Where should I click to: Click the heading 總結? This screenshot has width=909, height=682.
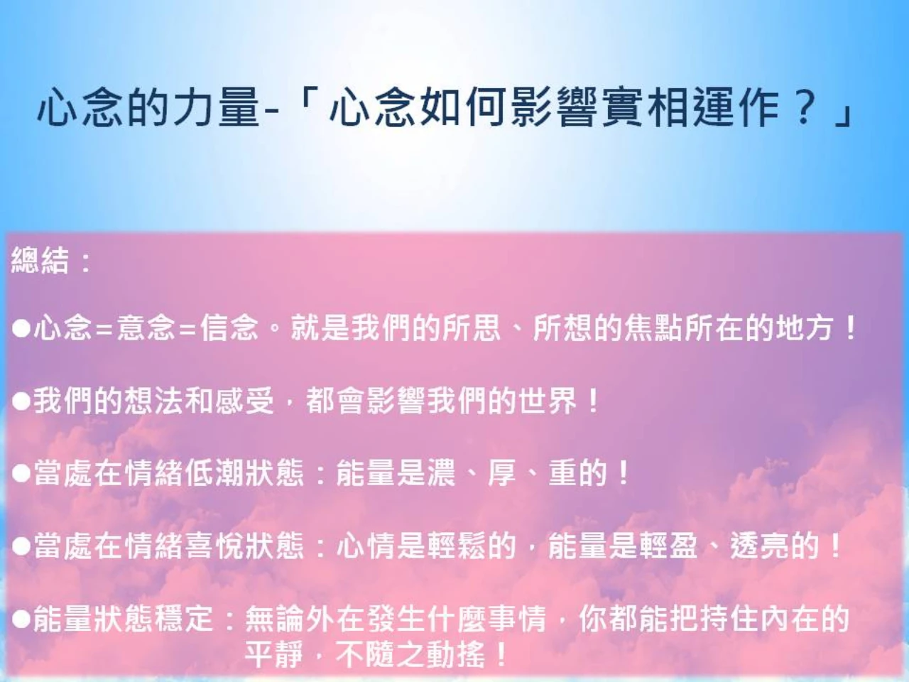[40, 261]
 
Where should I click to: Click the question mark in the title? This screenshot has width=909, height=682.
[803, 107]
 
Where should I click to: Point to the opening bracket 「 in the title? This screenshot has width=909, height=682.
[307, 102]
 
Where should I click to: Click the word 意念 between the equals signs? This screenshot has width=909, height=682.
[146, 328]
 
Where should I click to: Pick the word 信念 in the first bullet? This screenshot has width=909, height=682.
[229, 328]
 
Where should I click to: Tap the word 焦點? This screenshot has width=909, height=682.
[653, 328]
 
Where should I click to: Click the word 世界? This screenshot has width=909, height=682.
[548, 401]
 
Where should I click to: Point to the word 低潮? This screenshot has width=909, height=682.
[214, 473]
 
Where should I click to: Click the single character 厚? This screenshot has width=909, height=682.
[502, 473]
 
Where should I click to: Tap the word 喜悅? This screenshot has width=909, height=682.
[214, 546]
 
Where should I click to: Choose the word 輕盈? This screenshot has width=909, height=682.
[668, 546]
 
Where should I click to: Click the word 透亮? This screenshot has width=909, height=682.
[759, 546]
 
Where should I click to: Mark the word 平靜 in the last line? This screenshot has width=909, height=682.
[273, 654]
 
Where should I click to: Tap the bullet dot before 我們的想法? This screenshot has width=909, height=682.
[21, 401]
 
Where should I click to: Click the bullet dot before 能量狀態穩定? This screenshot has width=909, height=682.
[21, 619]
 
